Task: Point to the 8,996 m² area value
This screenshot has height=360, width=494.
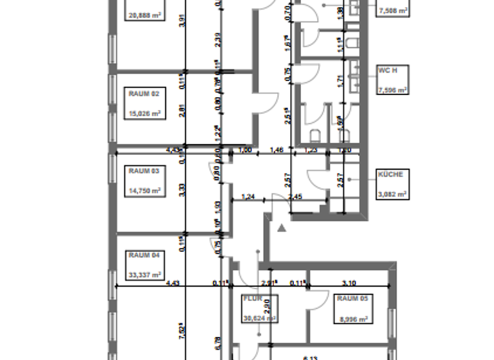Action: click(352, 318)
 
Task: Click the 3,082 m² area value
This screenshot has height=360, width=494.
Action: click(392, 194)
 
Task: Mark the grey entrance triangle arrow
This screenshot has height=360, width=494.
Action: click(280, 227)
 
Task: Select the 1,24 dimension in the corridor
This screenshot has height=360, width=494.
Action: click(248, 197)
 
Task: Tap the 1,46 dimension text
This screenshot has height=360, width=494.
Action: click(277, 150)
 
